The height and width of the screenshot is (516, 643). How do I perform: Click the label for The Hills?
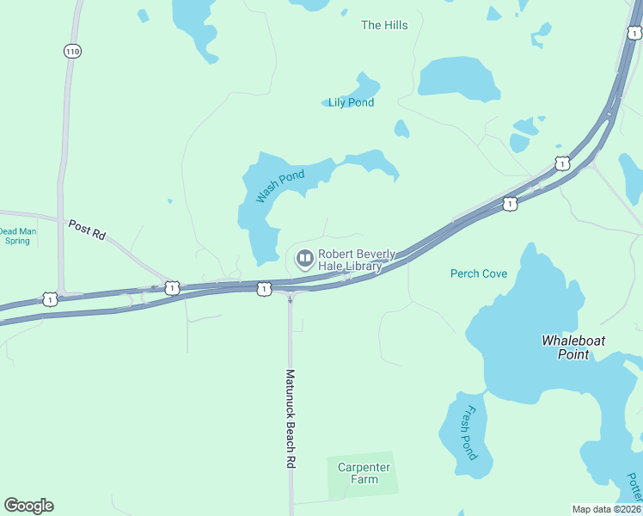coord(384,25)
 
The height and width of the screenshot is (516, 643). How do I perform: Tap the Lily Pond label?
coord(351,102)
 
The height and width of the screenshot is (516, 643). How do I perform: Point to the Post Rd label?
coord(86,230)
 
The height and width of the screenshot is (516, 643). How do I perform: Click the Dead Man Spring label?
coord(15,236)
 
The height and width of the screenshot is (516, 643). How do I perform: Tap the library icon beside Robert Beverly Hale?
coord(304,258)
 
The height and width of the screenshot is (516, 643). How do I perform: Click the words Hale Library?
coord(349,267)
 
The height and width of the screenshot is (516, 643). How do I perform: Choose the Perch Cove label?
coord(479,273)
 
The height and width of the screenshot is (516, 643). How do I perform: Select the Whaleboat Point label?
coord(573,347)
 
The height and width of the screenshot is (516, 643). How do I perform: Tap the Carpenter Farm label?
coord(364,473)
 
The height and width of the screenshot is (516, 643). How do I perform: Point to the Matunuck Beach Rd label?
coord(291,419)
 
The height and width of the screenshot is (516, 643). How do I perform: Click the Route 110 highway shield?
coord(72,52)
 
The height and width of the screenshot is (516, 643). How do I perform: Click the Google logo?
coord(29,505)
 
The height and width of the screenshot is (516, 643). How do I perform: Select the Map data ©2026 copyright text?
coord(606,509)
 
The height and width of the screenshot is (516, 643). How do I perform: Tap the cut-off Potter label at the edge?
coord(634,487)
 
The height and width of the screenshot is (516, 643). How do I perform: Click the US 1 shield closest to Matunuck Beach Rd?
coord(264,290)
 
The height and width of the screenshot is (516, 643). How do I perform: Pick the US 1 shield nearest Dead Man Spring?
coord(50,299)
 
